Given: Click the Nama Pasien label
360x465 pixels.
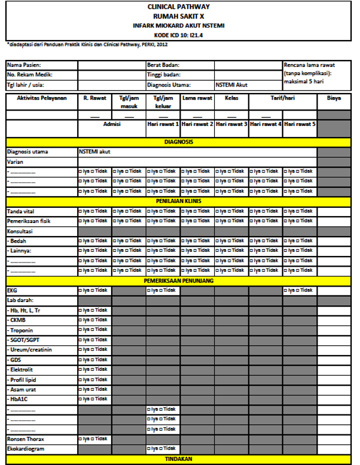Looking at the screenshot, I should pos(24,65).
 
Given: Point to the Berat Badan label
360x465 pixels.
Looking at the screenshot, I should pos(164,65).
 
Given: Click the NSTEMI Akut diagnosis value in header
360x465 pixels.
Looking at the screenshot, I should pos(232,85).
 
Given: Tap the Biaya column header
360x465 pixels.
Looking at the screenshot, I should pos(334,98).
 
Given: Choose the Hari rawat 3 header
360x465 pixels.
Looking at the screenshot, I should pos(231,125).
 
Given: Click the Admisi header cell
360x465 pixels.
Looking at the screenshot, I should pos(112,125).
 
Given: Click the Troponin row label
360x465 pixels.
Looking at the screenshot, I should pos(22,330).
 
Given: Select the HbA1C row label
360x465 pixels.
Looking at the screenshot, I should pos(19,400).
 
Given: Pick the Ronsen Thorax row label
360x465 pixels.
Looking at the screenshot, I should pos(26,439).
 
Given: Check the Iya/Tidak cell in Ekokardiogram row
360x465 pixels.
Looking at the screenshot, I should pos(163,449).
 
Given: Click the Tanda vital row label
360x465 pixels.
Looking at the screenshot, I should pos(23,211).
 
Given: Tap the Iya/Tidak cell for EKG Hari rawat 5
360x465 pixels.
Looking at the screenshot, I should pos(299,290).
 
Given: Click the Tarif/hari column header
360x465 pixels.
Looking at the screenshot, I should pos(282,98).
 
